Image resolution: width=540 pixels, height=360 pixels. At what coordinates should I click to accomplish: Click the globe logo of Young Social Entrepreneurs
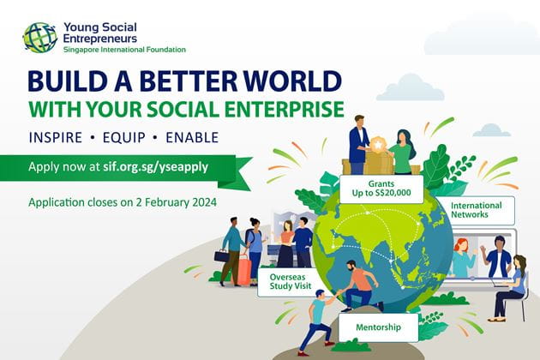[x=40, y=38]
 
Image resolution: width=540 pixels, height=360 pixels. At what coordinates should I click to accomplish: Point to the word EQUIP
[x=124, y=137]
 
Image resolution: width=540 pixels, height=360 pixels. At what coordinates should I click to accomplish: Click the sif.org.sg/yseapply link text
[x=156, y=167]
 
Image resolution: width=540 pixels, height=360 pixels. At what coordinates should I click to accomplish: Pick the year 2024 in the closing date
[x=205, y=202]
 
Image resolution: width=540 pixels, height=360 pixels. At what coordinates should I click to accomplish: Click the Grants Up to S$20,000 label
[x=381, y=189]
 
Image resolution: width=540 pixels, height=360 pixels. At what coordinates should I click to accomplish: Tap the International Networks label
[x=477, y=210]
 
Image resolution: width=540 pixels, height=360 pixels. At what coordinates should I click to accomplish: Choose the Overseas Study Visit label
[x=291, y=282]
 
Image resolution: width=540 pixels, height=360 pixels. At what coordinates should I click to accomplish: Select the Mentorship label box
[x=379, y=327]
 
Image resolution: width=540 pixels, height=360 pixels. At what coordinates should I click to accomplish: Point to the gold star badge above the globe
[x=378, y=145]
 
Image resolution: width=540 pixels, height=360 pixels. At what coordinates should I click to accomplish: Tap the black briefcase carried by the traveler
[x=222, y=256]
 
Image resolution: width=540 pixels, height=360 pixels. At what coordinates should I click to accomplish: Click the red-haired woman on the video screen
[x=462, y=258]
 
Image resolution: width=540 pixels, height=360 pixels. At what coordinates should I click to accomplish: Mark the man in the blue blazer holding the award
[x=359, y=145]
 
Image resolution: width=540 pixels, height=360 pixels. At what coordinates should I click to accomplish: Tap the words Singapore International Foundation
[x=124, y=50]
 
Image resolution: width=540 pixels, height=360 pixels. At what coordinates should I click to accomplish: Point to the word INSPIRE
[x=56, y=137]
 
